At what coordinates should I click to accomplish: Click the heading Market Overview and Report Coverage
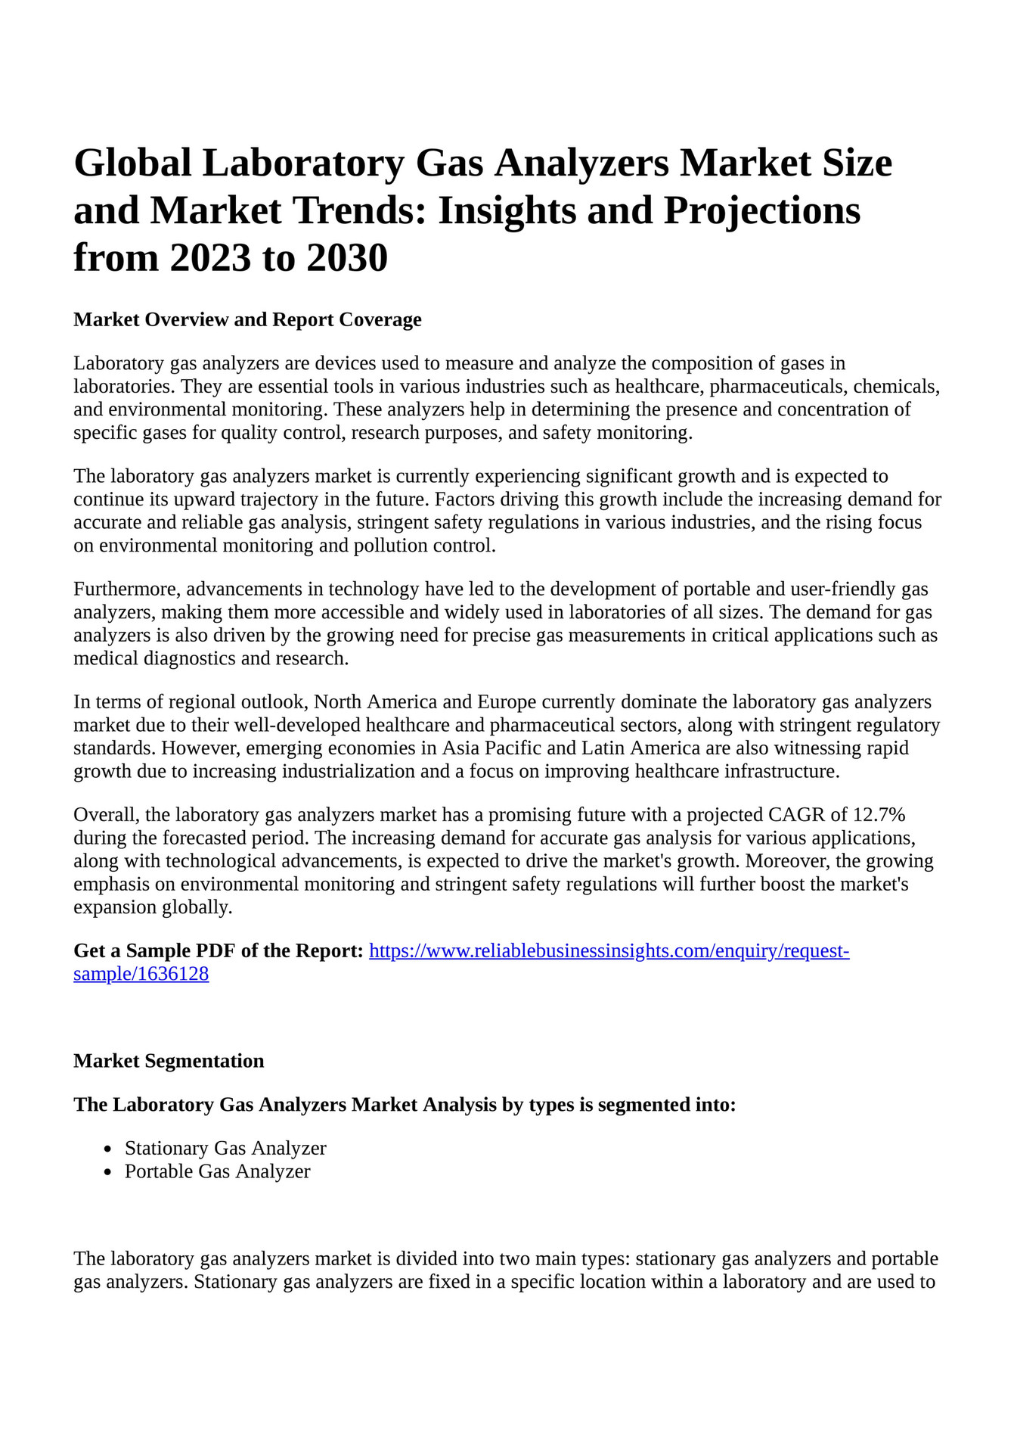[x=247, y=319]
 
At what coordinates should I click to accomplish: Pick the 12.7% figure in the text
[x=879, y=815]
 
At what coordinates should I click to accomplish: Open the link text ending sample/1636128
[x=141, y=974]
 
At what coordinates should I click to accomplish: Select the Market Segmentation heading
[x=169, y=1061]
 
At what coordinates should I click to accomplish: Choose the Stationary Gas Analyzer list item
[x=225, y=1148]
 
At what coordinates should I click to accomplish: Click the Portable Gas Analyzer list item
[x=218, y=1171]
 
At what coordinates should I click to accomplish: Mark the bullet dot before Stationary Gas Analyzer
[x=109, y=1149]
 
